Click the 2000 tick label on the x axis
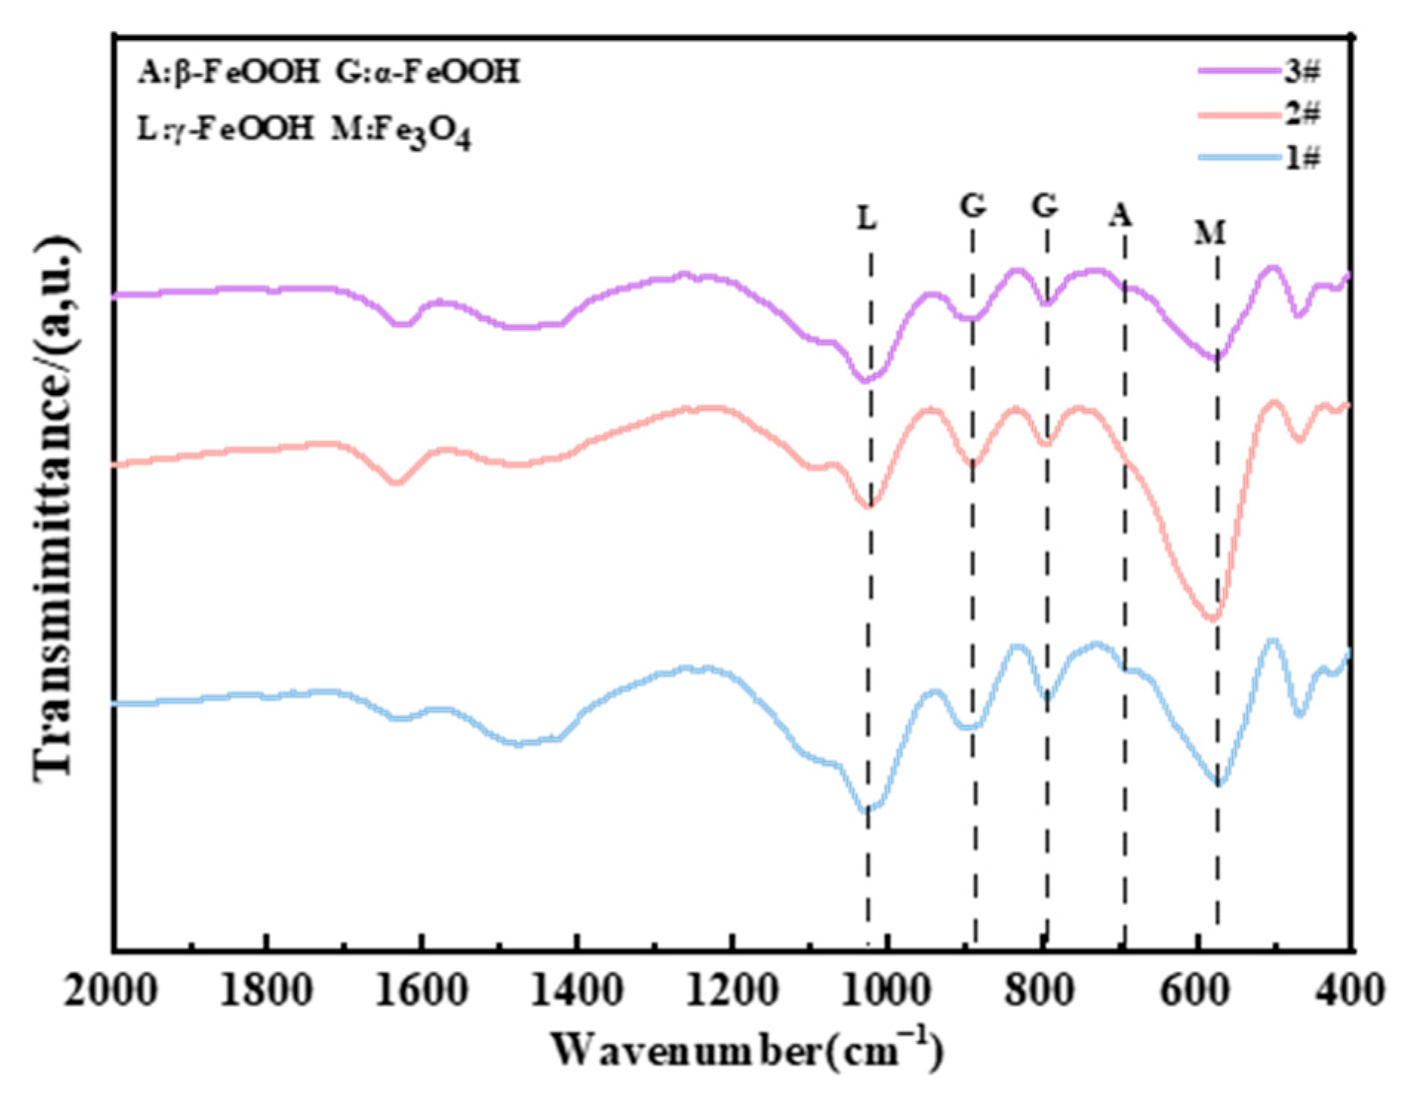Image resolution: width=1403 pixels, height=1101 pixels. coord(111,990)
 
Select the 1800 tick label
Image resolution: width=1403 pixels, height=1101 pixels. coord(267,990)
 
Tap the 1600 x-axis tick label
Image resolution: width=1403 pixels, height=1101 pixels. coord(421,990)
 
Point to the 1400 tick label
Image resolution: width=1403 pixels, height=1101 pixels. coord(577,990)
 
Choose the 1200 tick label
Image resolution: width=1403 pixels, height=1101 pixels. coord(731,990)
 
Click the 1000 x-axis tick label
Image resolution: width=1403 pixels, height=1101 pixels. coord(886,990)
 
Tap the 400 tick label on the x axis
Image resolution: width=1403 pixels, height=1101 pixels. coord(1349,990)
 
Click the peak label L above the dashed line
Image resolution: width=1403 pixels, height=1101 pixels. coord(867,218)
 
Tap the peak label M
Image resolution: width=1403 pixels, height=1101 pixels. coord(1210,233)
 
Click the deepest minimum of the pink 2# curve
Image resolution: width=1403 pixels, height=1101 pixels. coord(1212,617)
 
